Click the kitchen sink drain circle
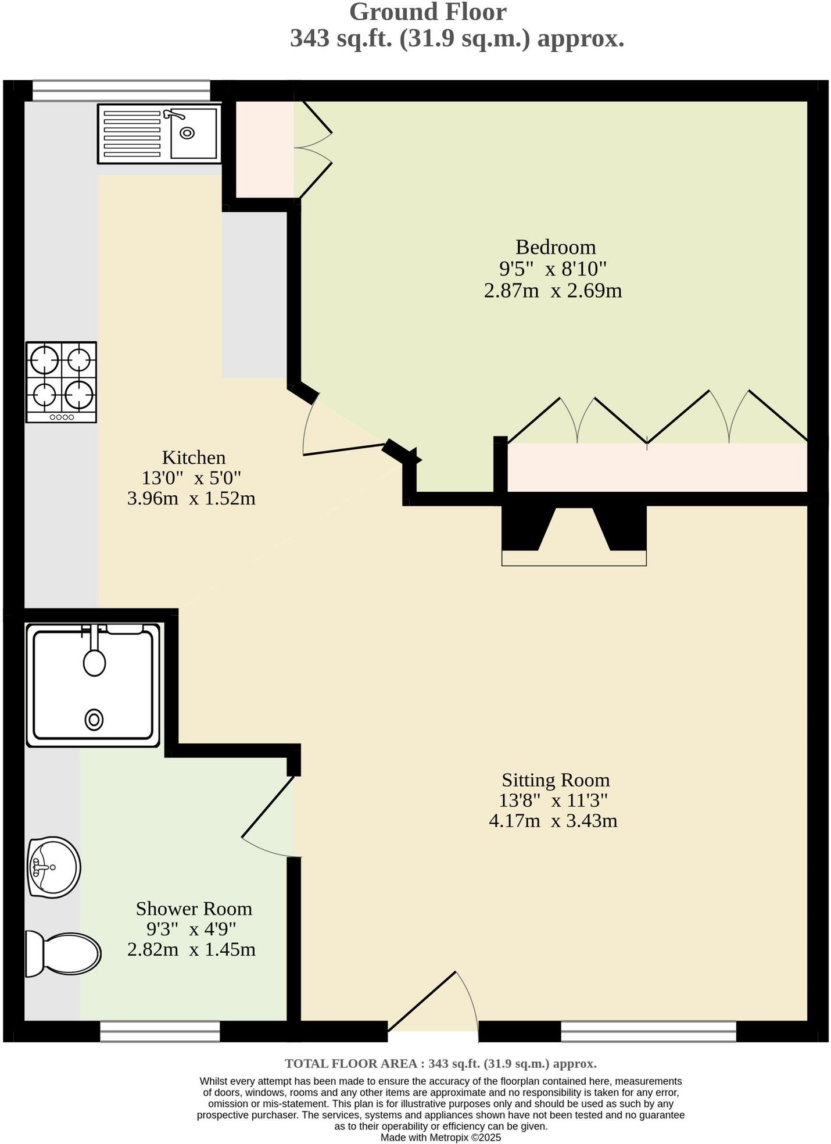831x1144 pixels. point(187,133)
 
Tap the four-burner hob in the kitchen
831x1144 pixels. point(61,381)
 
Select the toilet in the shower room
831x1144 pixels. point(63,953)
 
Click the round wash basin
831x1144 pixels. point(54,867)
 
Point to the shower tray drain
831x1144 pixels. point(94,720)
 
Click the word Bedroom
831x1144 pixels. point(556,247)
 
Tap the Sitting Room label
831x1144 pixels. point(556,780)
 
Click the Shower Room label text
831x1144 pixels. point(194,908)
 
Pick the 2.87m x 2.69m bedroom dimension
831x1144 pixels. point(553,290)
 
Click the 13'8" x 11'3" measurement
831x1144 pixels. point(553,800)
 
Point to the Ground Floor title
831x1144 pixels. point(428,12)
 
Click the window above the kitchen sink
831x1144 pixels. point(121,91)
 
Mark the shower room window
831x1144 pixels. point(160,1031)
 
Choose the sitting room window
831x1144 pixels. point(648,1031)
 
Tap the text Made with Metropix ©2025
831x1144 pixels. point(440,1138)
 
